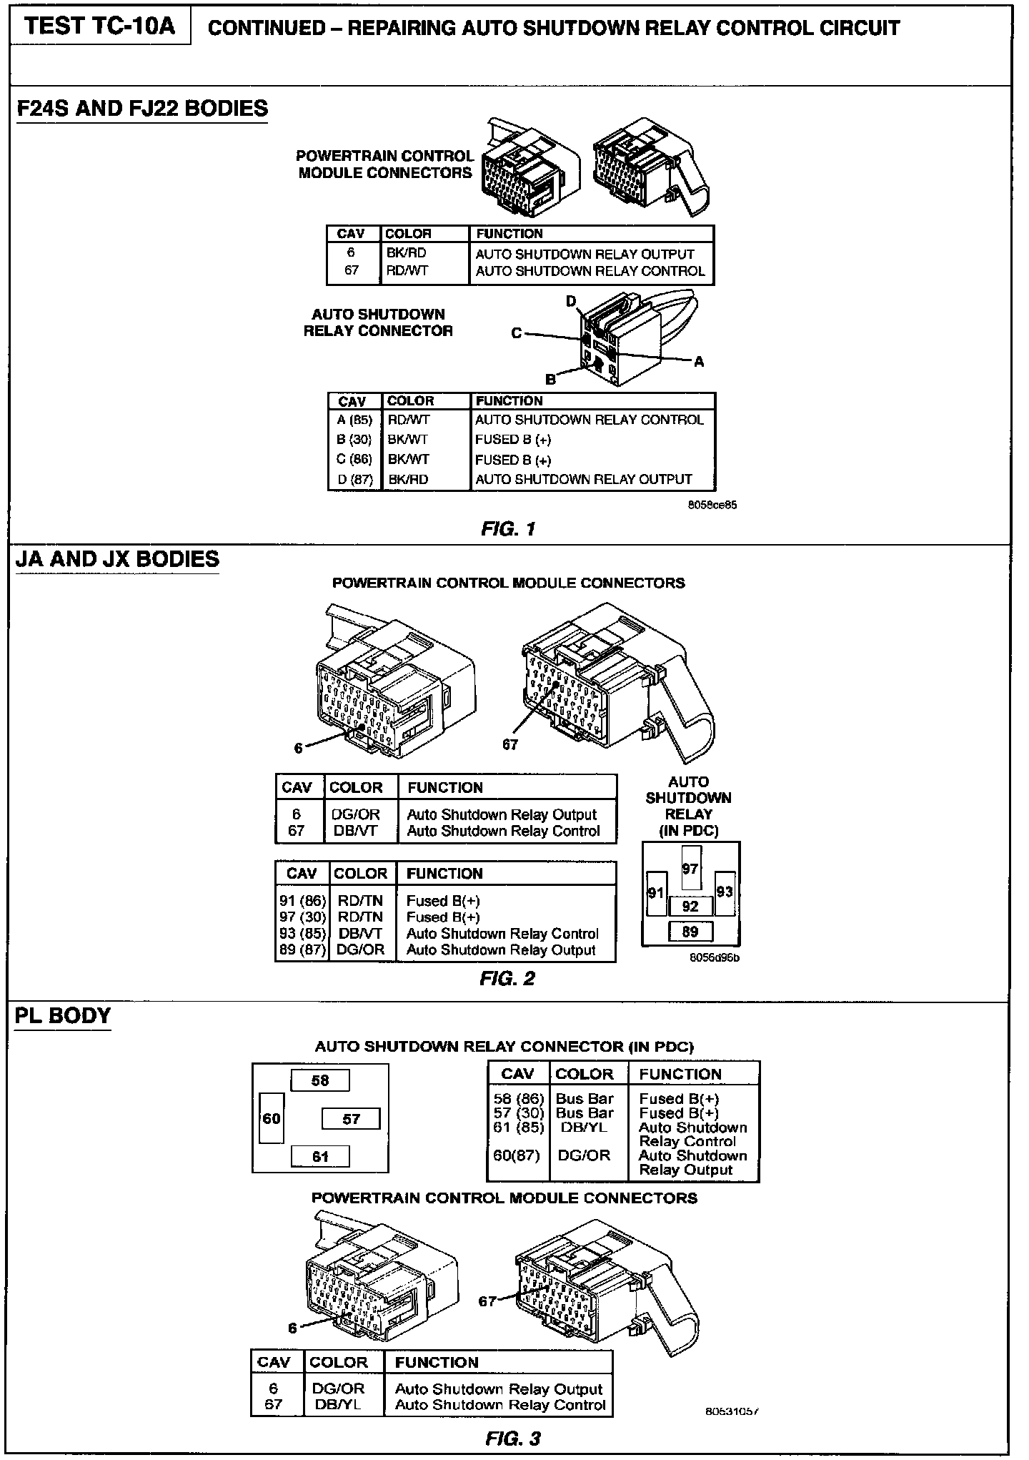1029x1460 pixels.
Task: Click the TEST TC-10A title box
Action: (100, 26)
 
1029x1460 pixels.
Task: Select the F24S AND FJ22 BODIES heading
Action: (142, 109)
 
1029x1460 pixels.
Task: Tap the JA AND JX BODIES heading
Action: (118, 559)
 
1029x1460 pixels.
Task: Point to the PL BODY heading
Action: (63, 1016)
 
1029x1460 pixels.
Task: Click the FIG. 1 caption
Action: (508, 530)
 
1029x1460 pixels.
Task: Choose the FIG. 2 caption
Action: (507, 979)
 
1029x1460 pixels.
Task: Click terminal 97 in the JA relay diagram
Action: (690, 869)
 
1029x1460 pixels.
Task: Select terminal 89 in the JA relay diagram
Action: (690, 932)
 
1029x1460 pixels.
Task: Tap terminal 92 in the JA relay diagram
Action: (690, 907)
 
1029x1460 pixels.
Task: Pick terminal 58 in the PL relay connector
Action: (319, 1080)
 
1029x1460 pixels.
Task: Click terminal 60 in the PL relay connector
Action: (272, 1118)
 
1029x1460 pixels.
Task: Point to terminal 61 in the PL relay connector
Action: (320, 1156)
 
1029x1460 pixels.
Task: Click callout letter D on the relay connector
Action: (571, 302)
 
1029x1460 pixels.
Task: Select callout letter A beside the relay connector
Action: (699, 362)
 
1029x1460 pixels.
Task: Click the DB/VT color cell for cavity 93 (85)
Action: (360, 934)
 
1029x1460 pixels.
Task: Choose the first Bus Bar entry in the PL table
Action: (585, 1099)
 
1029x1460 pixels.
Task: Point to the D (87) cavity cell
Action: (355, 480)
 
